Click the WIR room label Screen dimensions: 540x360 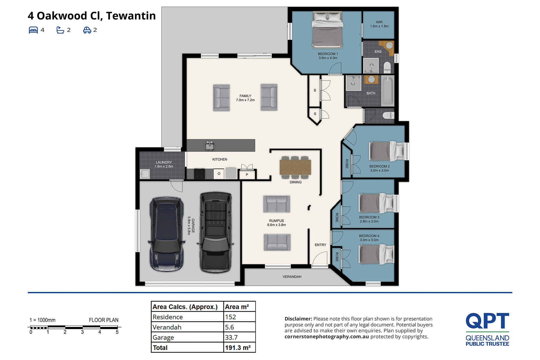[379, 22]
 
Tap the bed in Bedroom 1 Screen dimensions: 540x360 [327, 30]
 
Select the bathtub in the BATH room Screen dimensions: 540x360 [388, 90]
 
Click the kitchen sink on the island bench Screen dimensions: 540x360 [209, 146]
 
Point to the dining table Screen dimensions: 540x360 [295, 167]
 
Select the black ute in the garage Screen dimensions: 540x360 [216, 232]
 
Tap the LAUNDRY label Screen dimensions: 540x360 [164, 162]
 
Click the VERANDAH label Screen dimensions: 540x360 [292, 277]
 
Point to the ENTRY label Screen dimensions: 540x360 [320, 245]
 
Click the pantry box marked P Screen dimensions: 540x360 [247, 175]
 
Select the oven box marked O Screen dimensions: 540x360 [219, 174]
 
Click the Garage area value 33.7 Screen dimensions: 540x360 [231, 338]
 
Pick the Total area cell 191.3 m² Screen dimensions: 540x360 [238, 348]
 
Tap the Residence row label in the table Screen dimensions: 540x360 [168, 317]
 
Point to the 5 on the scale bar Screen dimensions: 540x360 [117, 332]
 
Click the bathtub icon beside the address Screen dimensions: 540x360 [60, 30]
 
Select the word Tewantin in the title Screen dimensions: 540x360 [131, 16]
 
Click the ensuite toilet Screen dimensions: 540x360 [387, 67]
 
